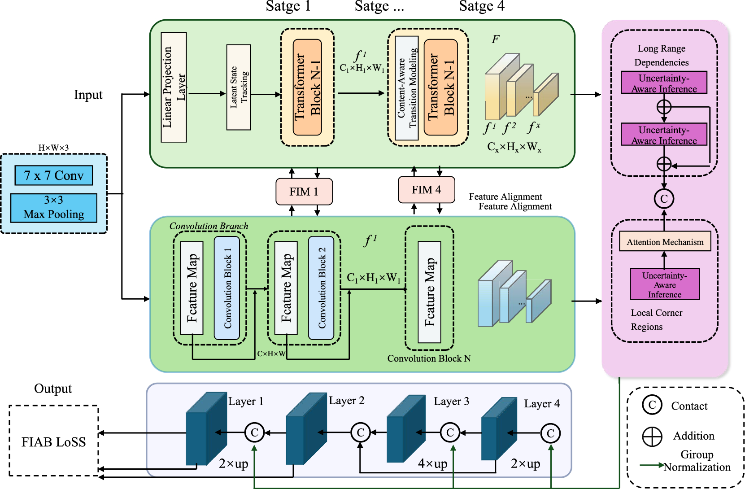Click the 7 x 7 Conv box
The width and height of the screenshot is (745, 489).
pyautogui.click(x=53, y=175)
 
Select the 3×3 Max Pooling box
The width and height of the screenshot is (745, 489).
pyautogui.click(x=53, y=208)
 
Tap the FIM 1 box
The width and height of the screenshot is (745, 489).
pyautogui.click(x=304, y=192)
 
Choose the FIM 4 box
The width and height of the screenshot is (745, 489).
pyautogui.click(x=426, y=190)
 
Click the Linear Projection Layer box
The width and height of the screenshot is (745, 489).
pyautogui.click(x=174, y=87)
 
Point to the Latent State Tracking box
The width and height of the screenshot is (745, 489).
pyautogui.click(x=239, y=87)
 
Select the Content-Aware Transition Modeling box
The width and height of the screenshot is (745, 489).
pyautogui.click(x=407, y=88)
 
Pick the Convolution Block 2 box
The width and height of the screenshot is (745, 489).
pyautogui.click(x=321, y=288)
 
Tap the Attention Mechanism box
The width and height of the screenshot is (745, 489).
pyautogui.click(x=665, y=242)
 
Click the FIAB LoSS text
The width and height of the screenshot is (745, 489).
pyautogui.click(x=53, y=442)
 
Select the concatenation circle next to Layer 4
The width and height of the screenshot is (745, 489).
pyautogui.click(x=550, y=433)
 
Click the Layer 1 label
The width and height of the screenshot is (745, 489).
pyautogui.click(x=246, y=402)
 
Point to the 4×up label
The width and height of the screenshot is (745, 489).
pyautogui.click(x=432, y=463)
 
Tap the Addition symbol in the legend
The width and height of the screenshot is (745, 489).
pyautogui.click(x=652, y=436)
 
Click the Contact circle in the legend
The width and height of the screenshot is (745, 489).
pyautogui.click(x=652, y=405)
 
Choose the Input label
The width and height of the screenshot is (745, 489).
pyautogui.click(x=88, y=95)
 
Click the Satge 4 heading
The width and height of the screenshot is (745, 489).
pyautogui.click(x=482, y=6)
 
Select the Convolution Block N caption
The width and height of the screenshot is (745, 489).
pyautogui.click(x=429, y=358)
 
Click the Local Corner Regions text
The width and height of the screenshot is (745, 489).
pyautogui.click(x=656, y=319)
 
